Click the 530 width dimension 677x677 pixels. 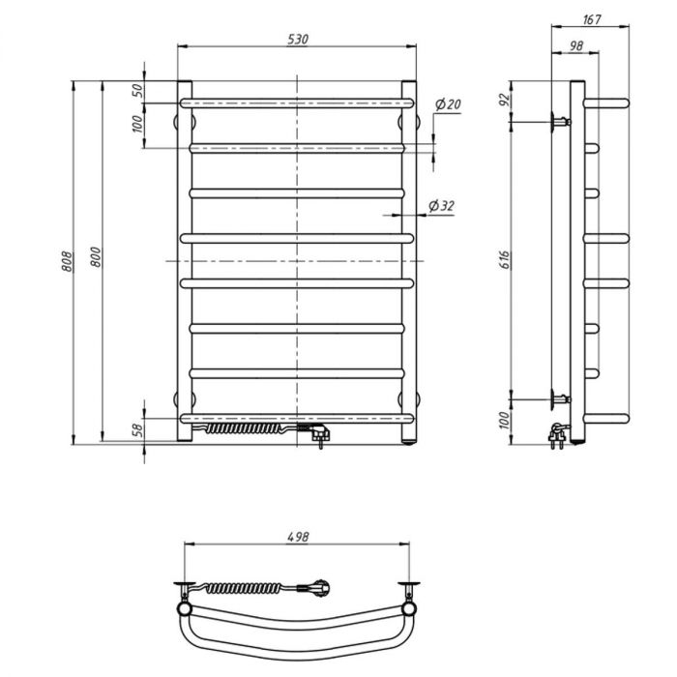coord(298,40)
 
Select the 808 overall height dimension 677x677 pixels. coord(68,261)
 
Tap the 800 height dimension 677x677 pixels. coord(96,257)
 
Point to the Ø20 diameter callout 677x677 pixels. coord(448,104)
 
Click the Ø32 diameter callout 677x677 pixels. coord(442,206)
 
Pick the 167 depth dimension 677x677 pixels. coord(592,19)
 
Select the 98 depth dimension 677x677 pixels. coord(576,45)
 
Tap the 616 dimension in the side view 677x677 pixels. coord(505,259)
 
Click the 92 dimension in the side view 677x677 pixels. coord(505,100)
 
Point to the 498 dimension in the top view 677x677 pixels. coord(298,537)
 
